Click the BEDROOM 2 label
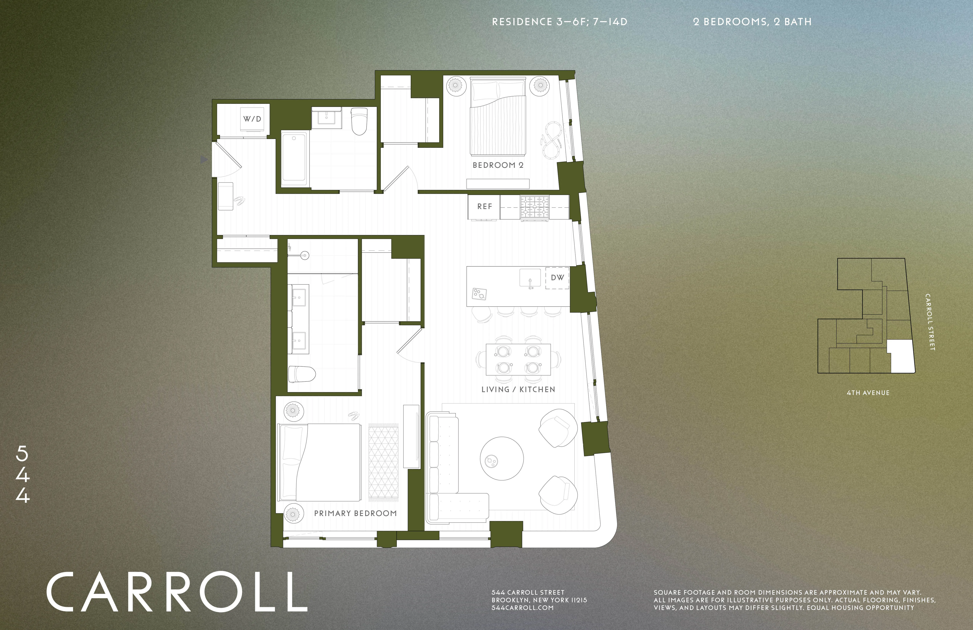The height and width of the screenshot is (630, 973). [498, 165]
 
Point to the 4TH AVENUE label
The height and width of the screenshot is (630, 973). [868, 393]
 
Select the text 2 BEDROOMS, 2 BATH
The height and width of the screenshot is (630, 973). [752, 22]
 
